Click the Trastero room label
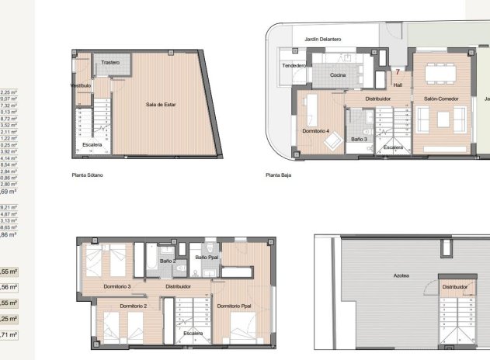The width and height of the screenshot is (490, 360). (x=110, y=62)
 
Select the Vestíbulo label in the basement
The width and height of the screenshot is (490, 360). (x=81, y=85)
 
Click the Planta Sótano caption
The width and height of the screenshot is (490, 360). (x=87, y=175)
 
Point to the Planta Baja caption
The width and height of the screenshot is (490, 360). (x=277, y=175)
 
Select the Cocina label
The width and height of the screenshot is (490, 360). (x=338, y=75)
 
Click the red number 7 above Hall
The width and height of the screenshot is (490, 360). (x=398, y=71)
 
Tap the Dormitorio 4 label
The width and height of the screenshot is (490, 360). (x=316, y=130)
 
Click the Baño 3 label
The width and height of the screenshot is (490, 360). (x=359, y=138)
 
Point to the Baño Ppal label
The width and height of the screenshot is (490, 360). (x=207, y=257)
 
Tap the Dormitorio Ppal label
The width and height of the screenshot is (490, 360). (x=233, y=306)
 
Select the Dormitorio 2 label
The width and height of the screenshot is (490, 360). (x=134, y=306)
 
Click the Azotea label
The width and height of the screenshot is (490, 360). (x=401, y=275)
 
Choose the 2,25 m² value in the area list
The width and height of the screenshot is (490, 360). (x=9, y=92)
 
